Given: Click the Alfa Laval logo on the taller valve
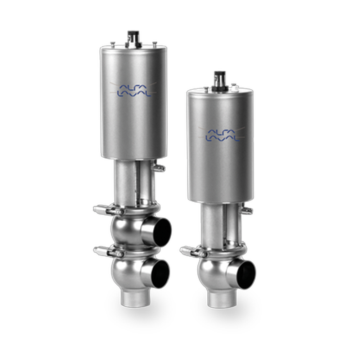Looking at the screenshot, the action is point(134,90).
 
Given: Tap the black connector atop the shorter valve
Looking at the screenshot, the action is point(220,81).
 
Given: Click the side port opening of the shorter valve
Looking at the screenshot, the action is point(246,275).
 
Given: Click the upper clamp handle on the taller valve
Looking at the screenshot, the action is point(108,210).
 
